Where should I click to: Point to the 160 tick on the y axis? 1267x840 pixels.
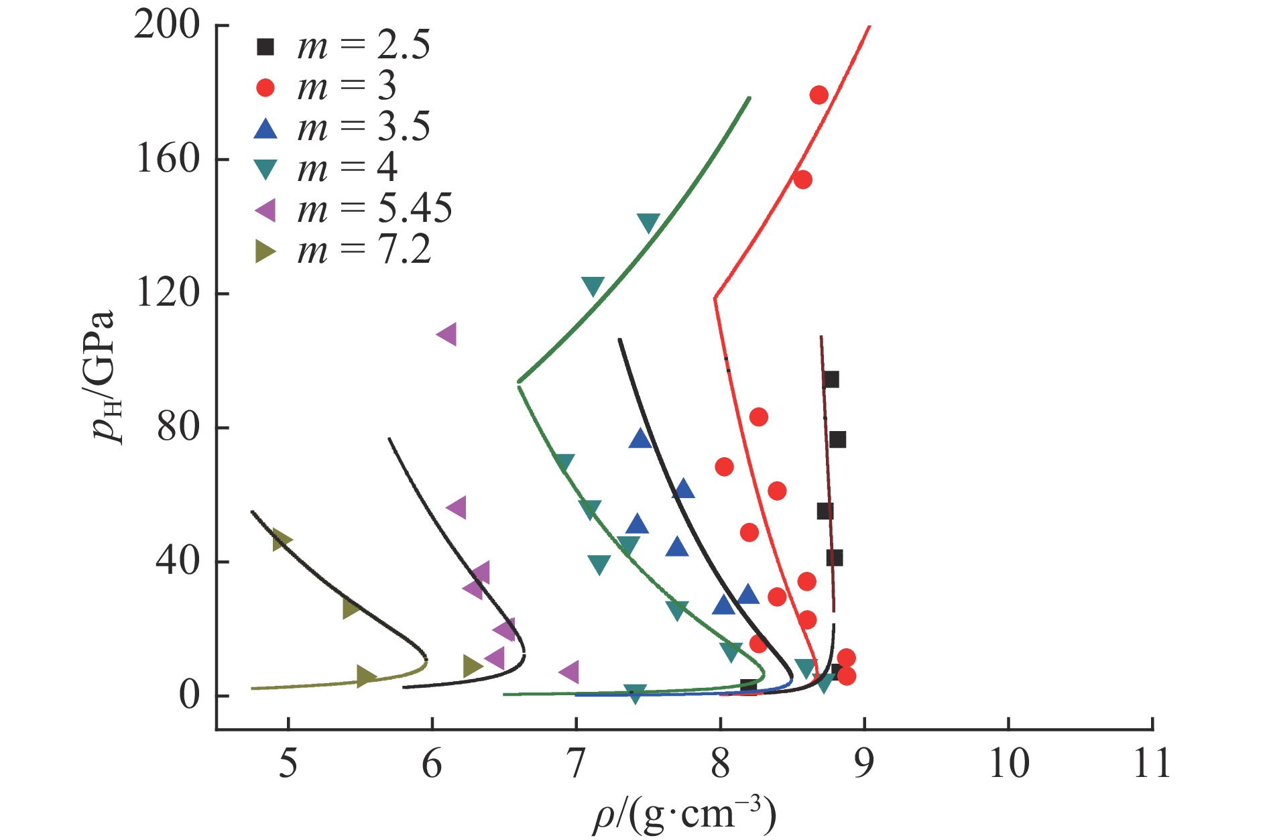tap(168, 160)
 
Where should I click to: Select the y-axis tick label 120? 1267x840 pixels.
tap(168, 293)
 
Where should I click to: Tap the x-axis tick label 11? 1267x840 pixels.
tap(1152, 764)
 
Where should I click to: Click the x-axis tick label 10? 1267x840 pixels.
tap(1008, 764)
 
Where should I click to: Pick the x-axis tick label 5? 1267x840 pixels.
tap(288, 764)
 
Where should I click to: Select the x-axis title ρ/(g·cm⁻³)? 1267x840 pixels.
tap(684, 815)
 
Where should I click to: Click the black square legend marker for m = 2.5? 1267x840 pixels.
tap(265, 47)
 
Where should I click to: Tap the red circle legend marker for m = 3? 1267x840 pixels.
tap(265, 88)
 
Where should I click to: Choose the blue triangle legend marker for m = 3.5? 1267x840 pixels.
tap(265, 128)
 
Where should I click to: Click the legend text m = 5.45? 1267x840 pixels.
tap(375, 209)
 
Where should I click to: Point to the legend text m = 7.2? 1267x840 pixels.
tap(364, 250)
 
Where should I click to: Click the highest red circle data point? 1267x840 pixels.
tap(819, 95)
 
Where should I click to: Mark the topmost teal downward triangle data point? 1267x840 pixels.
tap(648, 223)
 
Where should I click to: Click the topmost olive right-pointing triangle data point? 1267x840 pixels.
tap(282, 540)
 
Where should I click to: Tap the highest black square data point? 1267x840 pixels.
tap(831, 380)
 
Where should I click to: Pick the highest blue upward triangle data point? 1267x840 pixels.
tap(640, 439)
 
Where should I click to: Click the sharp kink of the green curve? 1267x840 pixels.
tap(519, 382)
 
